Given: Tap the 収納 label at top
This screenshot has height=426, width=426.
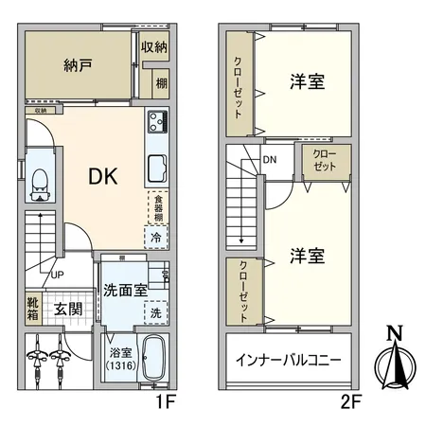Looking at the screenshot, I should coord(155,47).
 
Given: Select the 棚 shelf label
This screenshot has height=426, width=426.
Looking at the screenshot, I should coord(162,82).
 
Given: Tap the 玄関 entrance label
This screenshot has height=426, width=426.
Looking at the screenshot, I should coord(67,309).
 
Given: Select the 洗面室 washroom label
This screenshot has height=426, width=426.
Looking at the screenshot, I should coord(124,291).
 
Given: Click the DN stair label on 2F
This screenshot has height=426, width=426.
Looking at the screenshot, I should coord(271,159).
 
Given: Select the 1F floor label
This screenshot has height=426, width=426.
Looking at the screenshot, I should coord(167,401).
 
